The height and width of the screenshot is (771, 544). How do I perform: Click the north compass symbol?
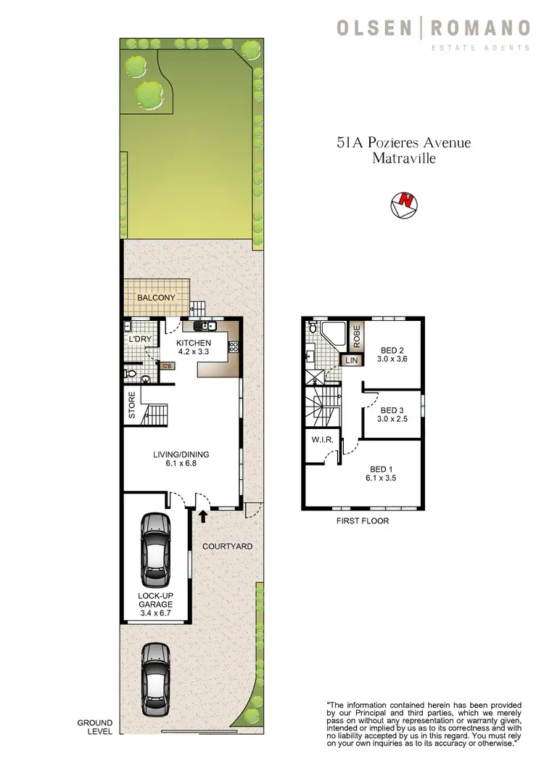[x=404, y=205]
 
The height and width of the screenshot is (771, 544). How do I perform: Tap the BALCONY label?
[x=156, y=298]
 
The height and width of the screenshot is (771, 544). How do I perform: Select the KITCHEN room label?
[x=193, y=343]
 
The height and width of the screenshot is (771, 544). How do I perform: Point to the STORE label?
[x=132, y=406]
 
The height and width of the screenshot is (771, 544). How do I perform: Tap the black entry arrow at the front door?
[x=203, y=516]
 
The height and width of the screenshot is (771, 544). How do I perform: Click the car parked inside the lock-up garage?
[x=156, y=550]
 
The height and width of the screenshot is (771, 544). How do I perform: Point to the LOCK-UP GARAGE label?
[x=157, y=602]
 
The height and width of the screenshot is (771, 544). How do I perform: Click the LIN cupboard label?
[x=352, y=360]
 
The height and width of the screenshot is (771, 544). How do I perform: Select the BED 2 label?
[x=393, y=348]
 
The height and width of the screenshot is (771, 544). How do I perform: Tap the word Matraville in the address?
[x=403, y=158]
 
